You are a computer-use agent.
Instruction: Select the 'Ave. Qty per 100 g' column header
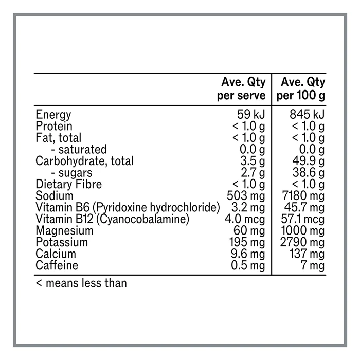click(301, 89)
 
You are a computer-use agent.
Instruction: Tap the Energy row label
click(53, 115)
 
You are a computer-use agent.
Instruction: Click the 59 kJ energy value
click(251, 115)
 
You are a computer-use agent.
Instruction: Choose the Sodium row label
click(54, 196)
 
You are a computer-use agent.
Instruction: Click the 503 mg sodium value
click(246, 196)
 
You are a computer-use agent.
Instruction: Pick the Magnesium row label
click(62, 230)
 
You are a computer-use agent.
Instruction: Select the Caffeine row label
click(57, 265)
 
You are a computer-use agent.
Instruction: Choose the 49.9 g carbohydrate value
click(307, 161)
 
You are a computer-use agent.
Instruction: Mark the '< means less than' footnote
click(81, 282)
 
